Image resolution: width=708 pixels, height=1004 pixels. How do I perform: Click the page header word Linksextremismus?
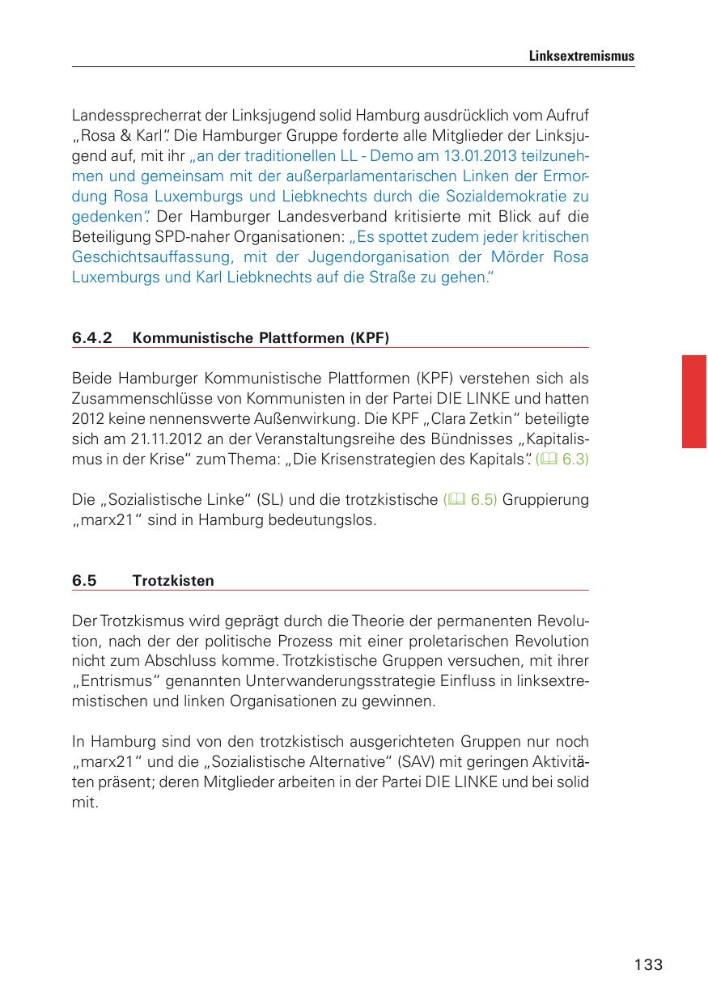[581, 57]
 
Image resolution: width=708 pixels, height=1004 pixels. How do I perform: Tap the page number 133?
[648, 964]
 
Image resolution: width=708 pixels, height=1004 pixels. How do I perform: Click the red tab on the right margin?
[693, 400]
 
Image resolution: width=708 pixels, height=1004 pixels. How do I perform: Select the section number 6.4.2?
[91, 338]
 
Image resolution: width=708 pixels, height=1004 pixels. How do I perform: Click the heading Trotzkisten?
[173, 581]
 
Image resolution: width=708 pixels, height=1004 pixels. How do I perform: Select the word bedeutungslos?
[326, 520]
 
